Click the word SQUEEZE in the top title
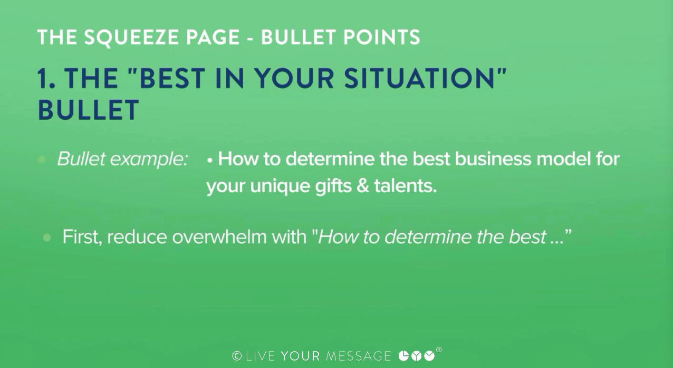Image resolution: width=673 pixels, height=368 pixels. click(x=132, y=38)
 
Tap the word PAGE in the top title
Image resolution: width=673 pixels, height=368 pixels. click(x=213, y=37)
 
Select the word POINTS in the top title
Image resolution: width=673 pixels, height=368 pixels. click(x=381, y=37)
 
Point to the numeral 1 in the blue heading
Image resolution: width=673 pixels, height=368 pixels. click(x=43, y=79)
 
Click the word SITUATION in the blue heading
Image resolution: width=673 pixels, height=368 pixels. click(x=419, y=79)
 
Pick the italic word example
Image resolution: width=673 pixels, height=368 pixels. click(x=149, y=159)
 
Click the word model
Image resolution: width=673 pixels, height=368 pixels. click(x=564, y=159)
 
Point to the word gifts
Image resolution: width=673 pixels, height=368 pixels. click(x=333, y=187)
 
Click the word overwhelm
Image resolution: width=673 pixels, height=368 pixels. click(x=219, y=237)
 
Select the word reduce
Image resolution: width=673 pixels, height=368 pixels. click(x=137, y=238)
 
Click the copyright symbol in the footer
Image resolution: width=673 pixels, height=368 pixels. click(x=237, y=356)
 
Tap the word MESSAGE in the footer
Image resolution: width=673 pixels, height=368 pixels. click(x=359, y=356)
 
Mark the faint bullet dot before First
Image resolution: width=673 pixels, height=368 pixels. click(x=47, y=238)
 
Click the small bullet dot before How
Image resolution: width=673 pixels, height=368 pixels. click(x=210, y=161)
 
